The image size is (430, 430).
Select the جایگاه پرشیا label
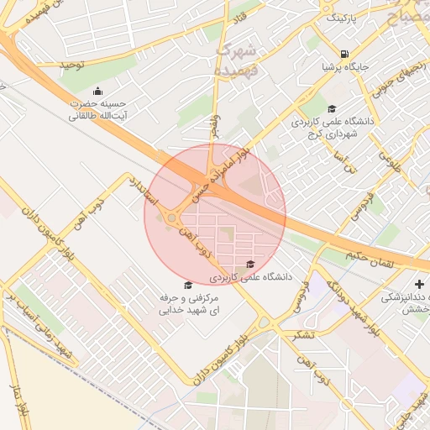coord(345,68)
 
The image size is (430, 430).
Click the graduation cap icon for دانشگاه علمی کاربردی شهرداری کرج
coord(332,108)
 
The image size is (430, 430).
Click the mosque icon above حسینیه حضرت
coord(97,91)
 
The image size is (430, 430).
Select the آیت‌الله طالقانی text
coord(97,117)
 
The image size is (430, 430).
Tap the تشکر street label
coord(306,333)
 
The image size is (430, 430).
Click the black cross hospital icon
coord(419,285)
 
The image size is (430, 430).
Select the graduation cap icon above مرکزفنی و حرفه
coord(186,286)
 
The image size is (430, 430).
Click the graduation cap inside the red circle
coord(250,265)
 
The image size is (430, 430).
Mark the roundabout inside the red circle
coord(172,219)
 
